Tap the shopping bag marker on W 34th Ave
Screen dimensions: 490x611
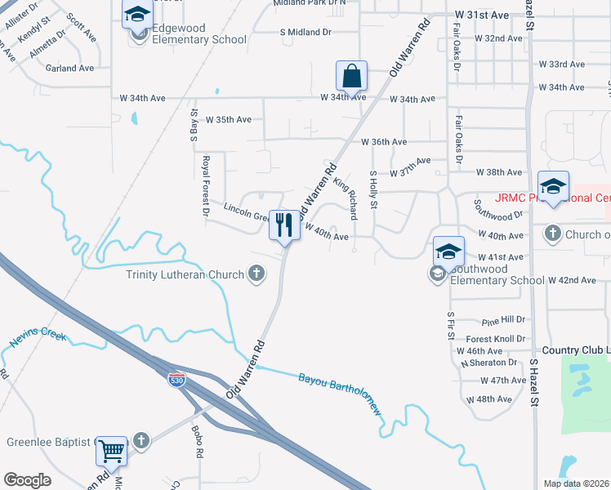pyautogui.click(x=350, y=77)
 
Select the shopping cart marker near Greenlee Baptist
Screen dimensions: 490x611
pyautogui.click(x=111, y=450)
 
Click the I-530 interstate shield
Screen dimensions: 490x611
pyautogui.click(x=176, y=379)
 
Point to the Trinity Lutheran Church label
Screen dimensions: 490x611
pyautogui.click(x=185, y=274)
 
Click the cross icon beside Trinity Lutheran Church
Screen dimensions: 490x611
pyautogui.click(x=256, y=274)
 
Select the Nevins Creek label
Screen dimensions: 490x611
pyautogui.click(x=38, y=336)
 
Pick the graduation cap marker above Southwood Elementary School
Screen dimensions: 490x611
pyautogui.click(x=448, y=251)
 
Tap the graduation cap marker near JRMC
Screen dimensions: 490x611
pyautogui.click(x=553, y=185)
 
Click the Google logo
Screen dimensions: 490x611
pyautogui.click(x=28, y=480)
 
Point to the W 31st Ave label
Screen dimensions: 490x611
pyautogui.click(x=482, y=15)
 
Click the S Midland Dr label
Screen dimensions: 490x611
pyautogui.click(x=305, y=32)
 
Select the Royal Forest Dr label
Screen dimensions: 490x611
pyautogui.click(x=207, y=186)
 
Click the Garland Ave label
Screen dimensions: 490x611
pyautogui.click(x=69, y=69)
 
